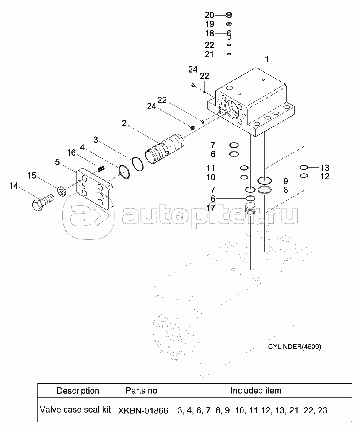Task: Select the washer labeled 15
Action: [x=61, y=191]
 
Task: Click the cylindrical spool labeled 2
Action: [x=164, y=149]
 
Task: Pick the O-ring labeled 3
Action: [x=138, y=164]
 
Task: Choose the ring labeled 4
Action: [x=124, y=172]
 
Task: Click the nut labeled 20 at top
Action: [x=229, y=15]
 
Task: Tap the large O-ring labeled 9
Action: [x=264, y=181]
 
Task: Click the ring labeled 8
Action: [x=264, y=190]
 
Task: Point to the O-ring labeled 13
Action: [x=304, y=167]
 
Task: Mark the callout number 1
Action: [x=266, y=59]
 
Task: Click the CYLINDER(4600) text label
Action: [x=294, y=347]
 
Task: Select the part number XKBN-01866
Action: [x=143, y=410]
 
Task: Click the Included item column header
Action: [x=256, y=391]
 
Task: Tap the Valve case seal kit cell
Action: [x=75, y=410]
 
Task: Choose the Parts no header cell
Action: [x=141, y=391]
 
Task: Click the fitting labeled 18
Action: [x=229, y=34]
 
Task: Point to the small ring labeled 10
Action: [x=244, y=177]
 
